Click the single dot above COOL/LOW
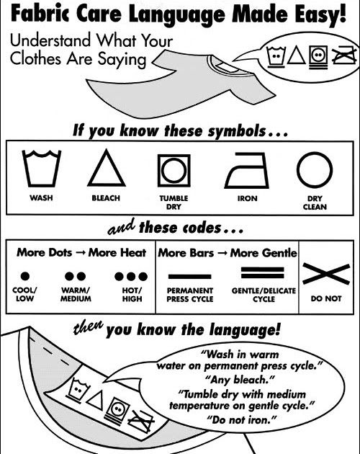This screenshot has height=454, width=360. click(x=25, y=276)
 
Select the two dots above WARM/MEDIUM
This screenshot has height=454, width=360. click(x=76, y=276)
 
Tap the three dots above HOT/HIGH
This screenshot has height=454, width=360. click(x=131, y=277)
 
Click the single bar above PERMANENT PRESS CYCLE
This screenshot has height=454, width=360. click(x=189, y=277)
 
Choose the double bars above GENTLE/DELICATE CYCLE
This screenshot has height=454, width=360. click(x=263, y=272)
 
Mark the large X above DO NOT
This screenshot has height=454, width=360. click(x=326, y=274)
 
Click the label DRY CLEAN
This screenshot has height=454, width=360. click(x=315, y=202)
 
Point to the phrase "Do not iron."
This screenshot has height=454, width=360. click(x=241, y=419)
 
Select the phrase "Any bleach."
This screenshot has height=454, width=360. click(x=239, y=379)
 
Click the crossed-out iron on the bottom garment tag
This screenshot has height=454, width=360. click(x=141, y=421)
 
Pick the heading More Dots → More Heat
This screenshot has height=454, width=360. click(x=81, y=252)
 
